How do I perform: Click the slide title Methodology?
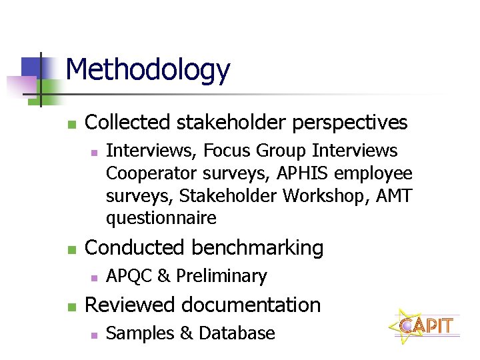pyautogui.click(x=148, y=69)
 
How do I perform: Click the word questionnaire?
pyautogui.click(x=161, y=218)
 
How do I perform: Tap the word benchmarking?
pyautogui.click(x=257, y=248)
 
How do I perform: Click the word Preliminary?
pyautogui.click(x=221, y=276)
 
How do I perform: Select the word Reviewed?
pyautogui.click(x=130, y=305)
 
